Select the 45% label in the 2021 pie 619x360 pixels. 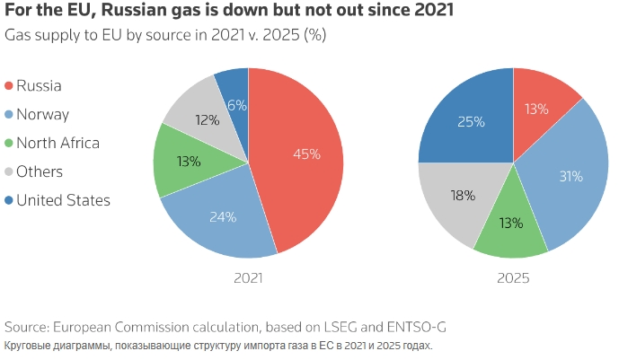pos(306,154)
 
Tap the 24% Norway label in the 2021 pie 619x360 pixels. pos(223,216)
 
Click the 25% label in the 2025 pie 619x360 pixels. pos(471,120)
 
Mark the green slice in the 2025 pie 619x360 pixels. pos(510,223)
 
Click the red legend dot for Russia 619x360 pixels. pos(10,86)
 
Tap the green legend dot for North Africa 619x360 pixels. pos(10,143)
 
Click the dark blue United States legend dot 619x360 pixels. pos(10,200)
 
